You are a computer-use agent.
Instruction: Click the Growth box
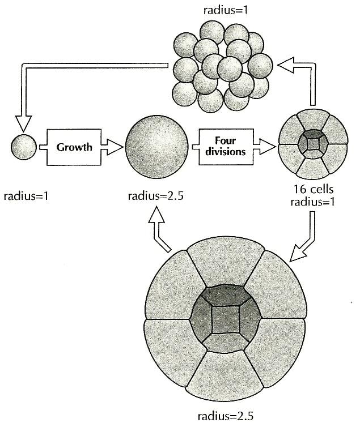[75, 147]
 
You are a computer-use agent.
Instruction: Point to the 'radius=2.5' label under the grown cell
[155, 197]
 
